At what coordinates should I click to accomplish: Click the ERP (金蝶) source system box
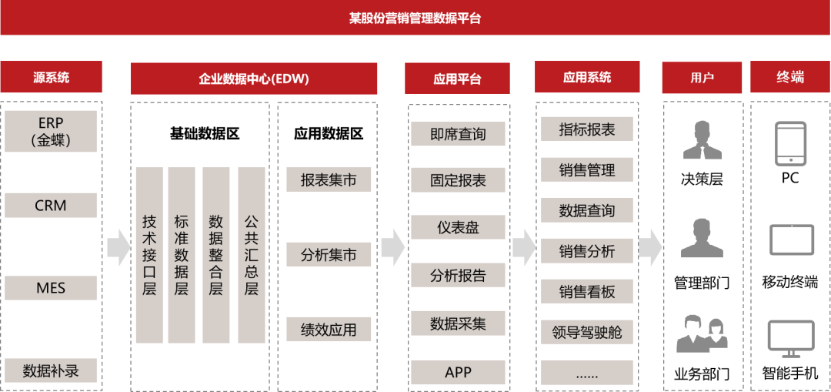pos(51,131)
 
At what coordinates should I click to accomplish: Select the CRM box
pos(51,206)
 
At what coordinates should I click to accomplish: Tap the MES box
pos(51,288)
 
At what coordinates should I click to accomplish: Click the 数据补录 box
pos(51,371)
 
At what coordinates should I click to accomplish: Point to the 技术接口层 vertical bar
pos(149,255)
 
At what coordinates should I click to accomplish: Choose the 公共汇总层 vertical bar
pos(252,255)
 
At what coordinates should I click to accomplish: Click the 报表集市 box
pos(329,180)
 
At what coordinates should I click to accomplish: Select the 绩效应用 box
pos(329,330)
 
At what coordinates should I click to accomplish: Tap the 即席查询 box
pos(458,134)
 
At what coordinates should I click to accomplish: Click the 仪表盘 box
pos(458,227)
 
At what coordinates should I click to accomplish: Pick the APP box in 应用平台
pos(458,373)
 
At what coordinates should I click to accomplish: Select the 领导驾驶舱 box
pos(587,333)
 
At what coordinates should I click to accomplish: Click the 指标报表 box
pos(587,129)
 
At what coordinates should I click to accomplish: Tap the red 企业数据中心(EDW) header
pos(254,79)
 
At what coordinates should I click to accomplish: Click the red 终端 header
pos(790,77)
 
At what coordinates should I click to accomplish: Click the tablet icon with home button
pos(791,143)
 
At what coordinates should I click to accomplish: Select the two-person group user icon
pos(702,334)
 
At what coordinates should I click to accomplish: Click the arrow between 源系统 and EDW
pos(118,246)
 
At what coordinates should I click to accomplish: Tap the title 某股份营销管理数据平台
pos(415,18)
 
